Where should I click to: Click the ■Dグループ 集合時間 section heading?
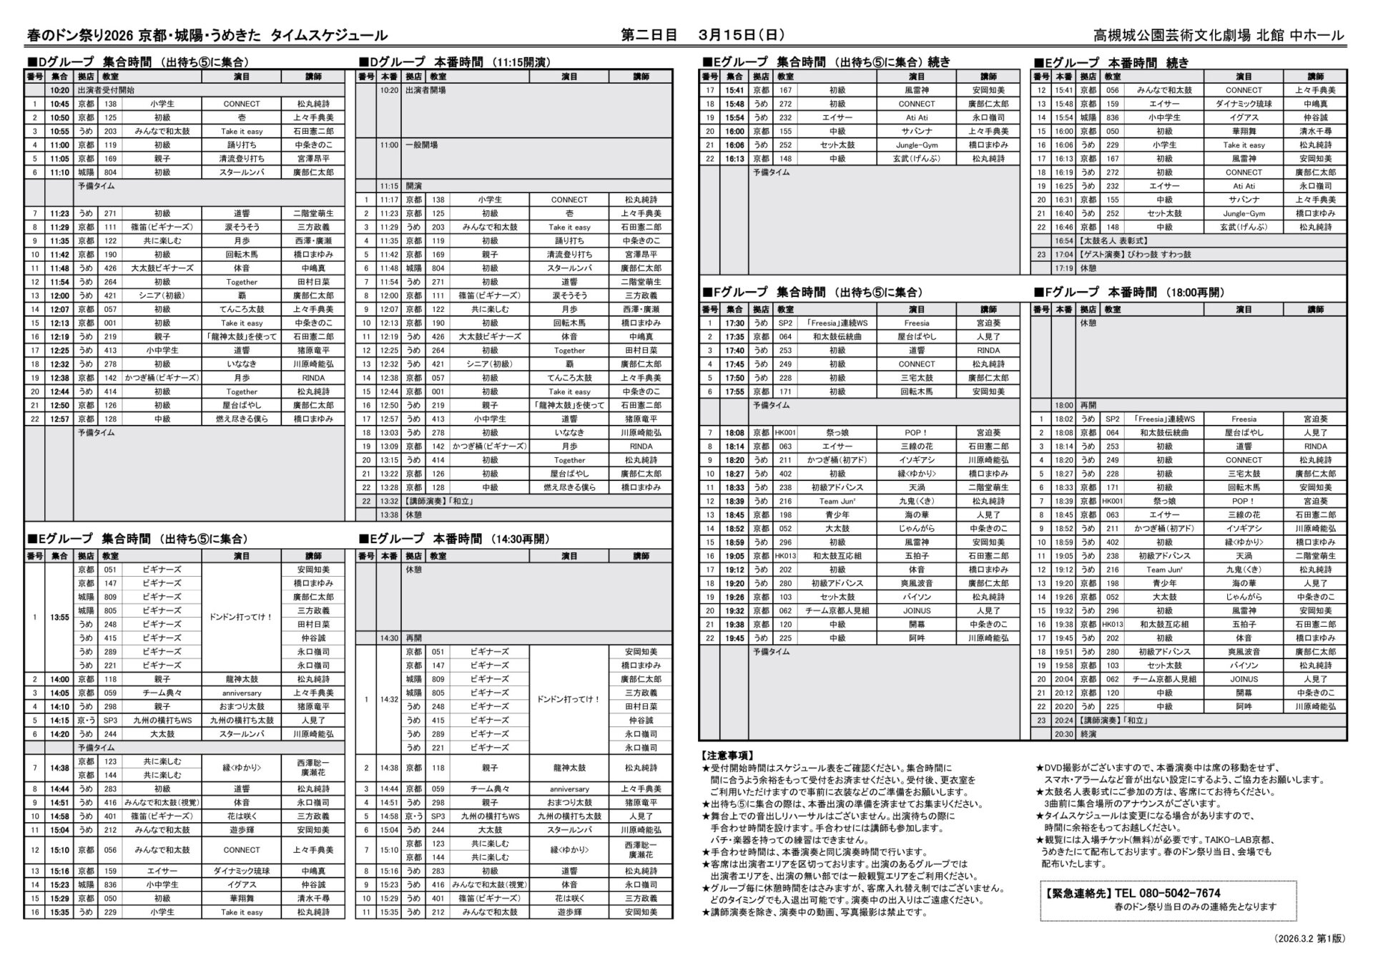tap(89, 62)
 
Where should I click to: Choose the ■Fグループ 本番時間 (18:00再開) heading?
tap(1129, 292)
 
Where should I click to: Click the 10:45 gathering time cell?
tap(59, 104)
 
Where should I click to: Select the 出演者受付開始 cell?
tap(105, 90)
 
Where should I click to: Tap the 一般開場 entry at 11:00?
tap(421, 145)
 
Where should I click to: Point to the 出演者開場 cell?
tap(425, 90)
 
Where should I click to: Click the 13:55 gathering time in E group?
tap(59, 618)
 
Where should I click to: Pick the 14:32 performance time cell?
tap(389, 700)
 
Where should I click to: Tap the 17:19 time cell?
tap(1063, 268)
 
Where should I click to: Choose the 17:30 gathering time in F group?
tap(734, 323)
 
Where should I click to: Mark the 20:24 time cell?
tap(1063, 721)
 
